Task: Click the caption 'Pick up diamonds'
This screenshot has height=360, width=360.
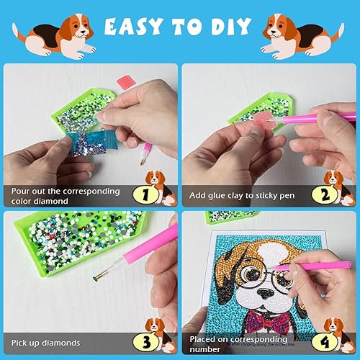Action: click(x=45, y=343)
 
